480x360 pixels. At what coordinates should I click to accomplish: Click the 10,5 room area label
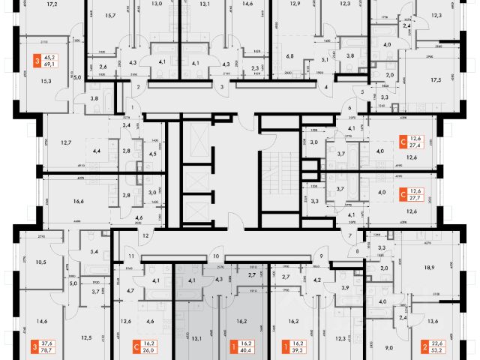click(40, 262)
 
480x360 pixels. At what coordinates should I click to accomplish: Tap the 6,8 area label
click(289, 55)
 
